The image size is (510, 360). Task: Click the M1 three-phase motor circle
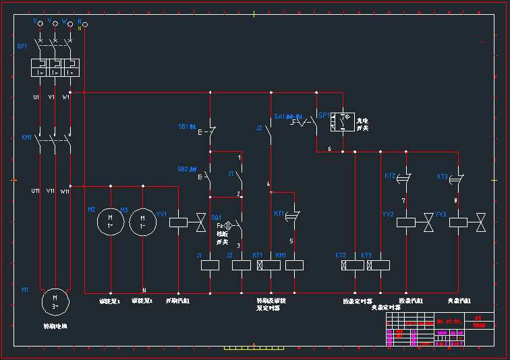click(x=55, y=300)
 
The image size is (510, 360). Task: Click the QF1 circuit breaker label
click(x=22, y=47)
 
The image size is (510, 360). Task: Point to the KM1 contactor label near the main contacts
click(x=27, y=138)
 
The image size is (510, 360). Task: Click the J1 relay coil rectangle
click(x=210, y=266)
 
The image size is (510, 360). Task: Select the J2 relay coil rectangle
click(x=241, y=266)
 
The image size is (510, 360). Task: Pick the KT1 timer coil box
click(x=270, y=266)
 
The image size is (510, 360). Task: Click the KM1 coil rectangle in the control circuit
click(x=294, y=266)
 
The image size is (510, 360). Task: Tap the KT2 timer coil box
click(x=353, y=266)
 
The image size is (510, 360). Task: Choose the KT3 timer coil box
click(x=378, y=266)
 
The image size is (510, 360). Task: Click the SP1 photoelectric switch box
click(x=342, y=121)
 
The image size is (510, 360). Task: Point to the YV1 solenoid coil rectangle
click(x=177, y=222)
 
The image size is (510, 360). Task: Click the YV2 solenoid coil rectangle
click(x=405, y=222)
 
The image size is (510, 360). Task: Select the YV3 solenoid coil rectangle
click(x=458, y=222)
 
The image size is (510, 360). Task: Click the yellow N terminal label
click(x=79, y=28)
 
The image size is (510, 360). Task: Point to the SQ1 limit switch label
click(x=217, y=217)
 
